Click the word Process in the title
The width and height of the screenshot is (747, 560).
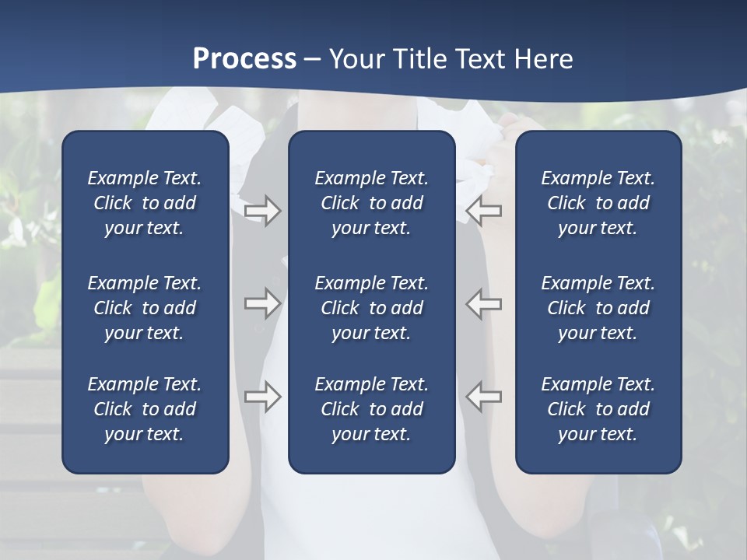244,59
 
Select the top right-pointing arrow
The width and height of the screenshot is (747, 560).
262,211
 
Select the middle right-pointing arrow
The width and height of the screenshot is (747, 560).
262,303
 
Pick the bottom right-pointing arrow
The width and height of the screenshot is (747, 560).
262,397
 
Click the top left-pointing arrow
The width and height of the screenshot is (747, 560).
483,211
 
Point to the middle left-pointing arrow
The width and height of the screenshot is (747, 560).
483,303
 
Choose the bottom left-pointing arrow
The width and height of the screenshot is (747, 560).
483,397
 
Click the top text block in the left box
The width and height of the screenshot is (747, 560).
145,203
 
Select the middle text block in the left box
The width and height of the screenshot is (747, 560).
145,308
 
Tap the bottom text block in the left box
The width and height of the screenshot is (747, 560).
145,409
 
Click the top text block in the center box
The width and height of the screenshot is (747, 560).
371,203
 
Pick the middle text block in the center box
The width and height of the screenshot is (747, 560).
371,308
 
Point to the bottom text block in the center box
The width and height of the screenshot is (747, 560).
371,409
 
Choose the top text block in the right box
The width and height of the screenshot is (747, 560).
598,203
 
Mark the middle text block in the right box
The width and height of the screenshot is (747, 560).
598,308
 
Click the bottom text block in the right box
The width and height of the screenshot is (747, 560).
598,409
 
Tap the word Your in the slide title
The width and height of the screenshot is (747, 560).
358,59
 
